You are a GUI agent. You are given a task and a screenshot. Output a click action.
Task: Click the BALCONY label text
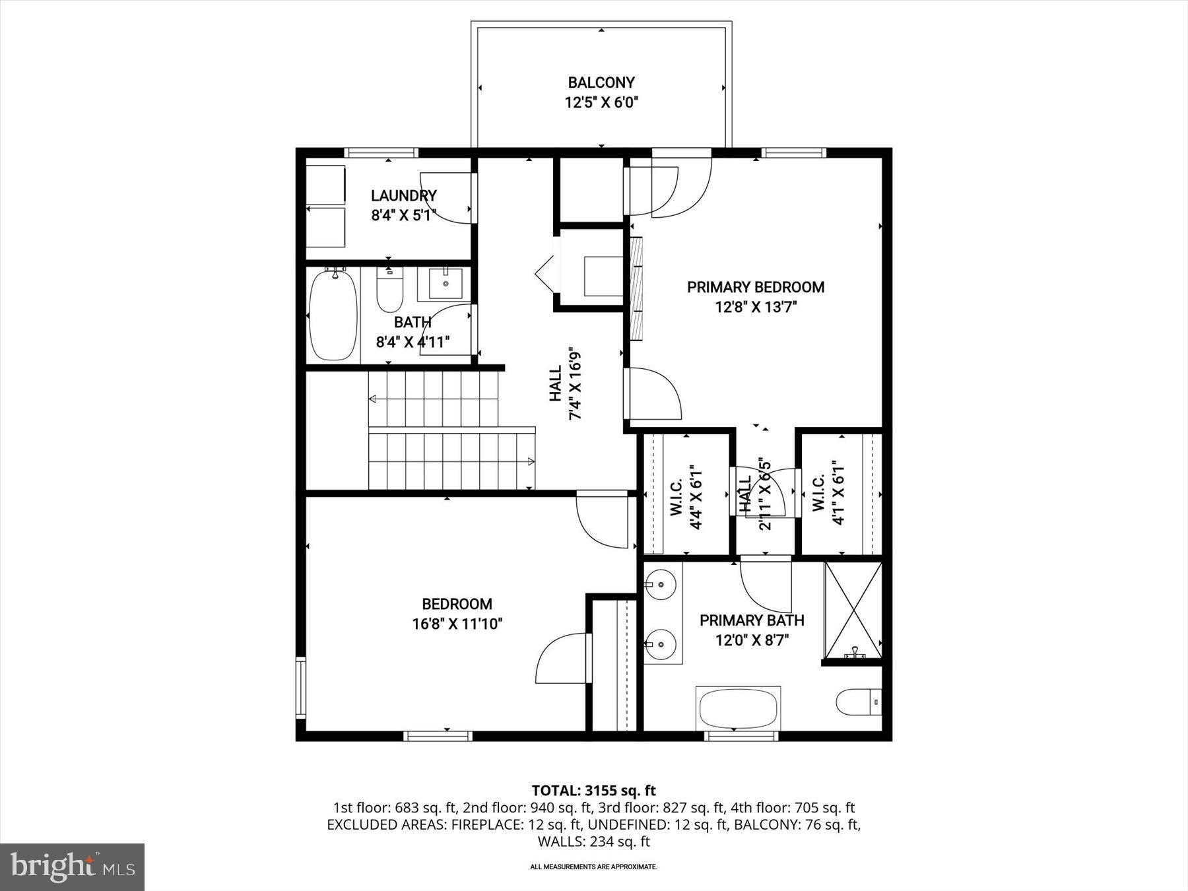[601, 83]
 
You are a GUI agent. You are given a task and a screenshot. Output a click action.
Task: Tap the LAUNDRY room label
[403, 195]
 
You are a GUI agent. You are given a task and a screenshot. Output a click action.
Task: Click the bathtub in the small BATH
[334, 315]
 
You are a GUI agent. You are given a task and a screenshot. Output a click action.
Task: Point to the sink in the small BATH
[446, 283]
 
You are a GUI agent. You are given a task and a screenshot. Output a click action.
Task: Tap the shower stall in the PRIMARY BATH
[853, 610]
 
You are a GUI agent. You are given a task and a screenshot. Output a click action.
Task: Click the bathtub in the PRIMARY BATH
[739, 708]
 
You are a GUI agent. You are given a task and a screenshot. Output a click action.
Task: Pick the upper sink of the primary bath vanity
[660, 584]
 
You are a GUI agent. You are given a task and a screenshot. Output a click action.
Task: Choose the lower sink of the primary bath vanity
[660, 641]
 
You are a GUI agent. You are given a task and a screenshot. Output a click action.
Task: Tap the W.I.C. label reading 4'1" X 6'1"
[828, 492]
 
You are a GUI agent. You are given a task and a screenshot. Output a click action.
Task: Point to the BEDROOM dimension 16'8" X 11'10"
[457, 624]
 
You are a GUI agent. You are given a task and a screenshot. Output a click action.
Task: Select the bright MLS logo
[72, 867]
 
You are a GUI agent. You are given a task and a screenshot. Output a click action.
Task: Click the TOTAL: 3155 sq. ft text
[593, 790]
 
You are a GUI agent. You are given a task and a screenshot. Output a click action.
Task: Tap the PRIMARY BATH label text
[752, 620]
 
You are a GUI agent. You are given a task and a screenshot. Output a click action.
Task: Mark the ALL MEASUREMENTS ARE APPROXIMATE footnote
[593, 867]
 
